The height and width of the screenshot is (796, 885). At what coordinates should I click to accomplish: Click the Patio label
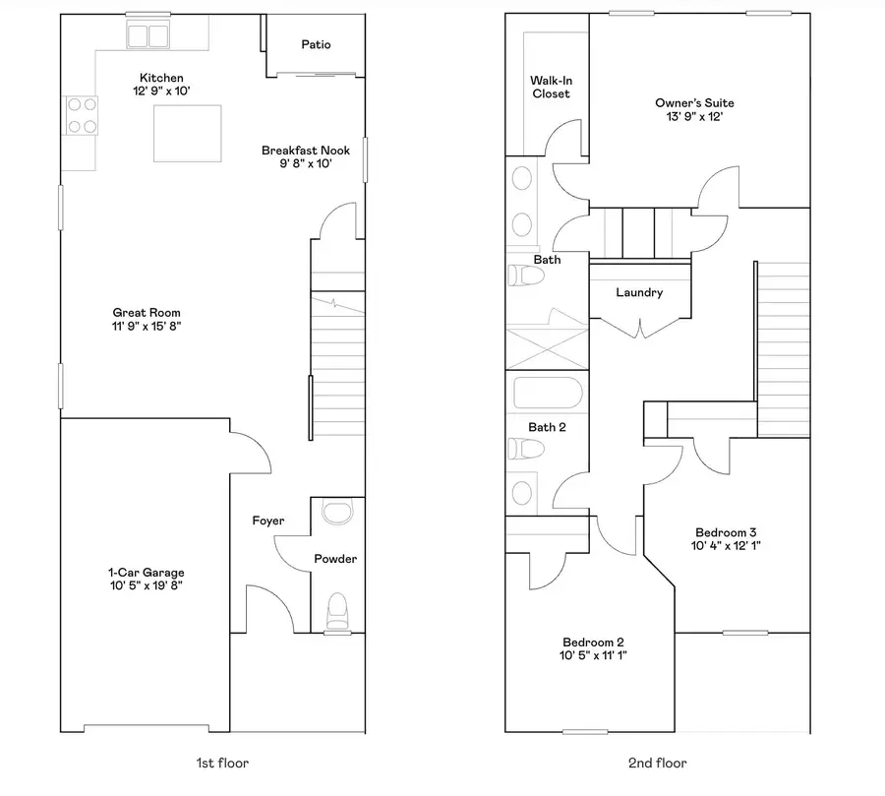[316, 44]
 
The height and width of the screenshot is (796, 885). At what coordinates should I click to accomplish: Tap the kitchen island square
[188, 134]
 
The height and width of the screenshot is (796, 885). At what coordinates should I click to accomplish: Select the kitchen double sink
[147, 36]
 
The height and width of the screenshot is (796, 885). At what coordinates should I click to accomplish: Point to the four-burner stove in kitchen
[82, 115]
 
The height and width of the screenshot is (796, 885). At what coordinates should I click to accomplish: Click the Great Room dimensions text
[147, 326]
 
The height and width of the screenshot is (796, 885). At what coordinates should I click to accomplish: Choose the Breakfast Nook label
[306, 151]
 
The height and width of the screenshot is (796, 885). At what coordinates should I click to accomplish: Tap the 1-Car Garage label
[147, 573]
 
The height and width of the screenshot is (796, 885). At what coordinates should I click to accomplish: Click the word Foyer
[268, 520]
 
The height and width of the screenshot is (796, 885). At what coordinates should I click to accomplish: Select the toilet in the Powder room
[337, 611]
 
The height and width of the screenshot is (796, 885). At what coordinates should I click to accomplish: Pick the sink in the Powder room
[337, 511]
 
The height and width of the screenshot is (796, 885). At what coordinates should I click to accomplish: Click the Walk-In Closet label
[551, 87]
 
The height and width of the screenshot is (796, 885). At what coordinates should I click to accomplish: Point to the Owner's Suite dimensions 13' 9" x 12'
[694, 116]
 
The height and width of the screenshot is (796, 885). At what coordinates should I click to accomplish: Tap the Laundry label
[639, 292]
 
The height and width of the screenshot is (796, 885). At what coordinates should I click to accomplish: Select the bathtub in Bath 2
[548, 393]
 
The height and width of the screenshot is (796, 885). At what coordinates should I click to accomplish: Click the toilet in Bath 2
[526, 449]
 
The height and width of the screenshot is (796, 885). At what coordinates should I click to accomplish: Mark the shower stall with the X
[547, 349]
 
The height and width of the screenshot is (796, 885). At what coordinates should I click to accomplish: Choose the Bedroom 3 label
[726, 532]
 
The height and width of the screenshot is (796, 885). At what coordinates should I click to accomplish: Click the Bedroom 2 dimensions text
[593, 655]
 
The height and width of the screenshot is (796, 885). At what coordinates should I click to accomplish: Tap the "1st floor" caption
[222, 764]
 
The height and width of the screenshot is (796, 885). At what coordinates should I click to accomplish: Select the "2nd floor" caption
[658, 764]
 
